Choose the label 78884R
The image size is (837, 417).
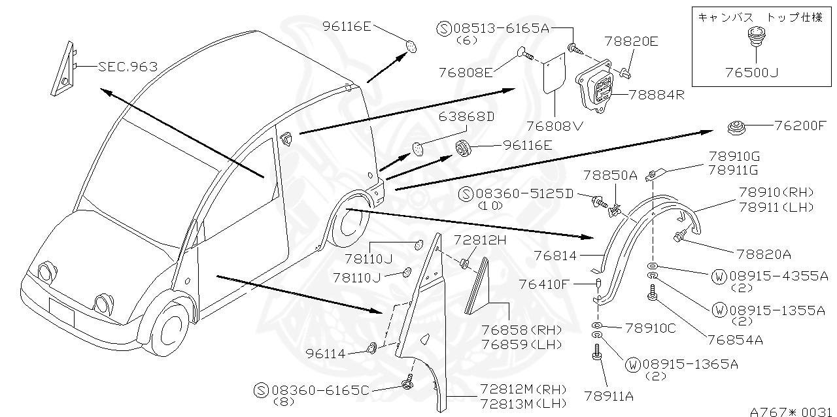(x=657, y=94)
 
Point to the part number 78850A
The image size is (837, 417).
(x=610, y=176)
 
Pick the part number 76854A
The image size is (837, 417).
(x=736, y=340)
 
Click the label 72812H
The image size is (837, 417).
(x=481, y=241)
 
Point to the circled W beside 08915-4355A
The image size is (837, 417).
(x=719, y=276)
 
